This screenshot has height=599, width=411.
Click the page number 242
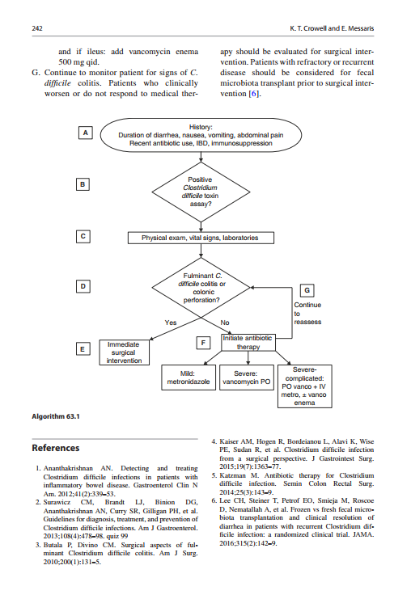pos(37,27)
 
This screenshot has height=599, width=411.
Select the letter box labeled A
pos(84,132)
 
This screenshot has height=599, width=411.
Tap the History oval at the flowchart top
pos(200,134)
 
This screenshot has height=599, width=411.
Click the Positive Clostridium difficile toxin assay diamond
pos(200,191)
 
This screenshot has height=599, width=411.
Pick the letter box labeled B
pos(84,184)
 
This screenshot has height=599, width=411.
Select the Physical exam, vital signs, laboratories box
pos(200,238)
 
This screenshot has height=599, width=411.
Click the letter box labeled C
pos(84,236)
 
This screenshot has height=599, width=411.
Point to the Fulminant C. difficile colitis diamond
pos(200,288)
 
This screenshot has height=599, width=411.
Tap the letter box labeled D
pos(84,286)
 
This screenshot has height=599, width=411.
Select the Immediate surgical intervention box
pos(123,352)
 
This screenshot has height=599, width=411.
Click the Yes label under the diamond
pos(171,323)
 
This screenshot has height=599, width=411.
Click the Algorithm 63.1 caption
pos(57,416)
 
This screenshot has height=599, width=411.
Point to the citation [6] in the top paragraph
pos(253,94)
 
